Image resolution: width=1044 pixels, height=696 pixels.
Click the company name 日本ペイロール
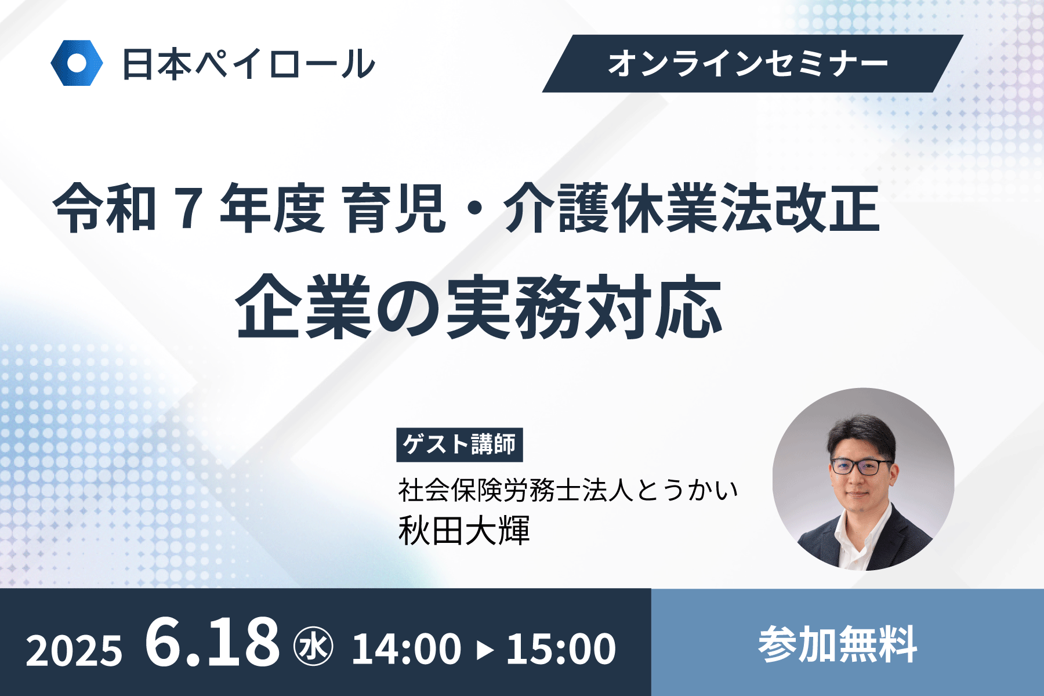click(x=249, y=64)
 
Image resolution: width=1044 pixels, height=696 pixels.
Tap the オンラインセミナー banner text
click(x=748, y=63)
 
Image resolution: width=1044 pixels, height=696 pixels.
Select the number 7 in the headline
click(x=189, y=207)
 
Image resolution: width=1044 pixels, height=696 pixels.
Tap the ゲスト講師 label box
click(x=459, y=445)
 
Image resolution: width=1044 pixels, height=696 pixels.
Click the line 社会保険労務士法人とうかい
click(x=568, y=490)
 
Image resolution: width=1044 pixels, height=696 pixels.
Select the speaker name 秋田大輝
click(x=464, y=530)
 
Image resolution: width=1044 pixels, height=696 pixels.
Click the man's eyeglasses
click(x=861, y=466)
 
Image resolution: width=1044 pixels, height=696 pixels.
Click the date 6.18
click(x=212, y=641)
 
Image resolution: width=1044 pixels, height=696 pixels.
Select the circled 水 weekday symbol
click(x=314, y=647)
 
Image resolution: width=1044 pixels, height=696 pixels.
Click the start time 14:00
click(x=407, y=648)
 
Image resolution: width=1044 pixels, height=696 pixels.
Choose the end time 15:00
click(x=561, y=648)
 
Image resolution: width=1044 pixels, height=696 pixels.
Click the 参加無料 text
click(x=838, y=644)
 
